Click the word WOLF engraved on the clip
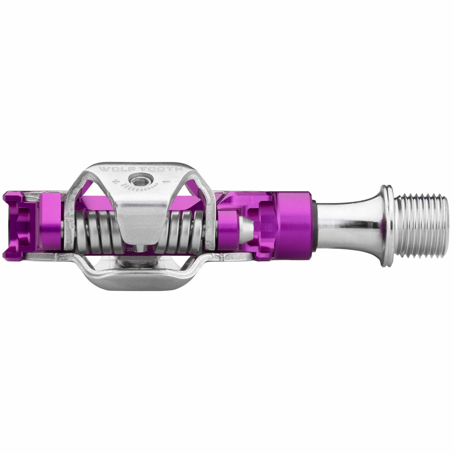(x=111, y=170)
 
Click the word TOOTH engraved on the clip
(x=143, y=170)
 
